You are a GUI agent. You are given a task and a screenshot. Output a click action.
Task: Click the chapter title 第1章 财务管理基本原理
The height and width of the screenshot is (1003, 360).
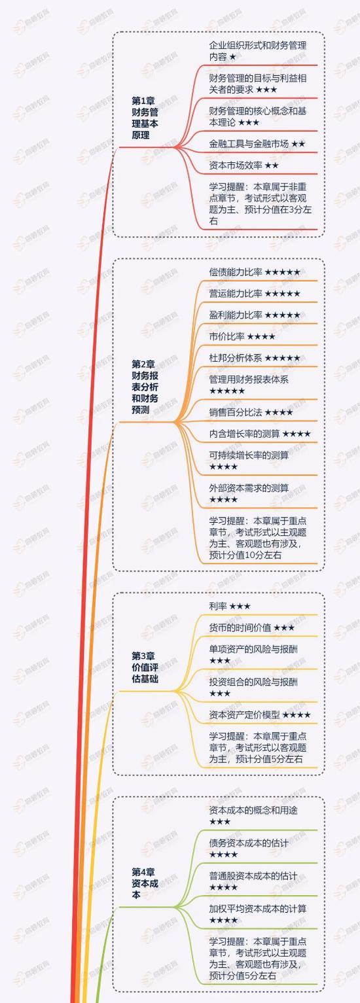145,118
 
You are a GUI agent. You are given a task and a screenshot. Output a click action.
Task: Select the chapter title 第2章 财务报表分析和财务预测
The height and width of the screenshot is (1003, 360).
145,387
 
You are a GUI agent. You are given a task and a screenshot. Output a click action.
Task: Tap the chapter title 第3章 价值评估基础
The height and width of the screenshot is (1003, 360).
145,667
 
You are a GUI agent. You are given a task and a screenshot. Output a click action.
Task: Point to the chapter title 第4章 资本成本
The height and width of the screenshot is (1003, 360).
145,883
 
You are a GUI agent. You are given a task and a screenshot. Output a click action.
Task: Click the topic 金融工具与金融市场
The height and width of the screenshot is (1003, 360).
249,144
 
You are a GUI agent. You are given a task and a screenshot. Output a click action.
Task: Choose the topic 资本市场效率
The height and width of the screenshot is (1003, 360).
236,166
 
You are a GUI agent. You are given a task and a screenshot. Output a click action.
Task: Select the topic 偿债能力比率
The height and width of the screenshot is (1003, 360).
236,272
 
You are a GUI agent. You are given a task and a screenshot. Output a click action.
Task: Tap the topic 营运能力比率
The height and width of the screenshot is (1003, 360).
236,293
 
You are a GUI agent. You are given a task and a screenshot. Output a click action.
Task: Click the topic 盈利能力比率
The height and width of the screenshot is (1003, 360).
236,315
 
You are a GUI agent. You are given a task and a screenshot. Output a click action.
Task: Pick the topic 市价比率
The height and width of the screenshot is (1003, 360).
226,336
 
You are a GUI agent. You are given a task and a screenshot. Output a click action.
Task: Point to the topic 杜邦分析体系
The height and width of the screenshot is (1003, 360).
236,358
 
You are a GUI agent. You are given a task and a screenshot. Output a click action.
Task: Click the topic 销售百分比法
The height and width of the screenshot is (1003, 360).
236,412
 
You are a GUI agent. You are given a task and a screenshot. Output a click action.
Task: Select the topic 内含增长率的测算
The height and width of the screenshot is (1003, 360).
245,433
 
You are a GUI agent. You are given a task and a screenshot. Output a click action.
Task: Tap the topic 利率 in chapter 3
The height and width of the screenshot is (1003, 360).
218,607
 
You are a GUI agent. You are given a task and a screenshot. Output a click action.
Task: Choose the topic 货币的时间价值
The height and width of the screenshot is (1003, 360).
240,627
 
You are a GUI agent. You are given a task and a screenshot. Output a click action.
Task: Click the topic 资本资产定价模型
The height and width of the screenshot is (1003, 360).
245,714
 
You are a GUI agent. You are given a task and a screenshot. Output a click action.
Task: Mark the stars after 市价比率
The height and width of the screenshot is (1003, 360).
261,337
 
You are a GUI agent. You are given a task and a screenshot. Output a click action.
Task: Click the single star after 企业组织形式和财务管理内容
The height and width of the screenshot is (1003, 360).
232,58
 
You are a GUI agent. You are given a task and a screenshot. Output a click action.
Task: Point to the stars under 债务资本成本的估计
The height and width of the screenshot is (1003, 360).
223,854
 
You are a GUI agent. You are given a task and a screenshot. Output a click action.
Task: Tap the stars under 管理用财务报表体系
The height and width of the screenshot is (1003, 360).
227,391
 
